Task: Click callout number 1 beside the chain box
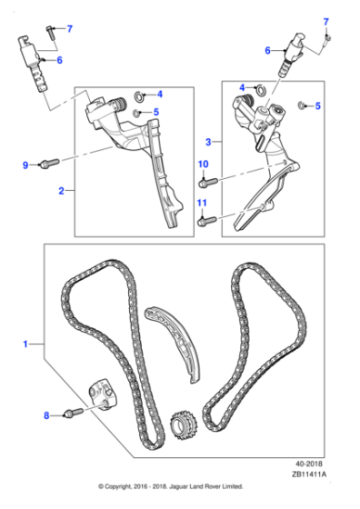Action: click(26, 344)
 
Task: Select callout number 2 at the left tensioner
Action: click(60, 191)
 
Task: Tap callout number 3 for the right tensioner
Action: click(208, 142)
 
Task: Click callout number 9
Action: click(25, 165)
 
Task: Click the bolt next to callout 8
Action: click(72, 414)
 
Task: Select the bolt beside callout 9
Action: click(48, 165)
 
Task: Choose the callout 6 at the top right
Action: click(268, 51)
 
